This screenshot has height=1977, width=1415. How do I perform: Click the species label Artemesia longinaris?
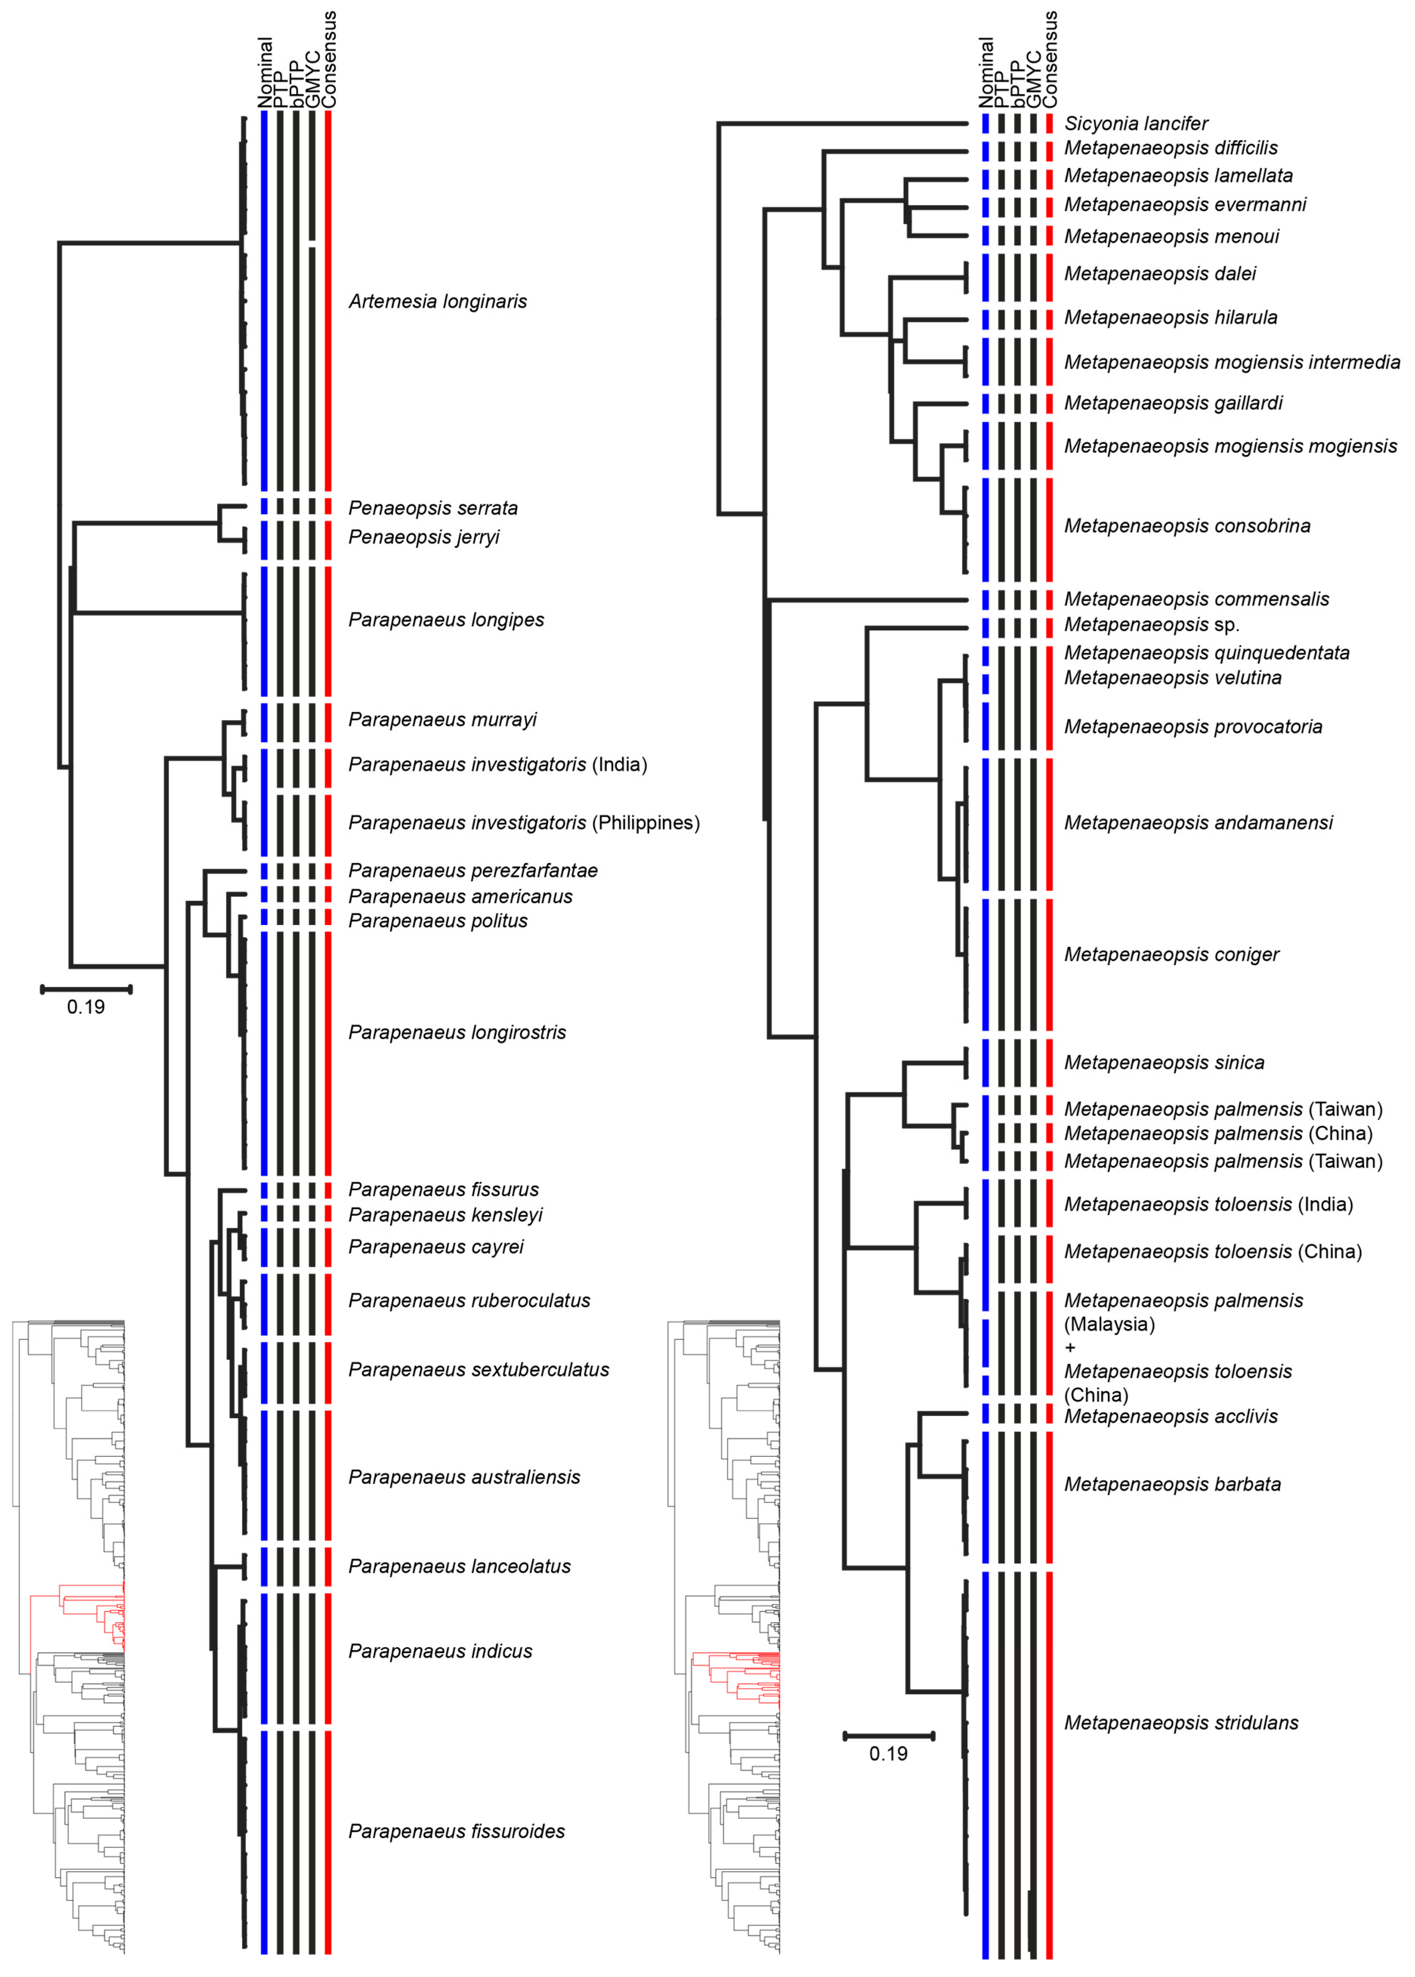pyautogui.click(x=438, y=301)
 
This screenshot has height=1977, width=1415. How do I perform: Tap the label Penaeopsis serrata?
pyautogui.click(x=433, y=508)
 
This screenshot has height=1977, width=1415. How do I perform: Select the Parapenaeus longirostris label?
pyautogui.click(x=457, y=1032)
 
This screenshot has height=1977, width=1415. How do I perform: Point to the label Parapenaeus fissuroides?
pyautogui.click(x=457, y=1831)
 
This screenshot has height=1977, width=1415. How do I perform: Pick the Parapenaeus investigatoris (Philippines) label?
pyautogui.click(x=523, y=823)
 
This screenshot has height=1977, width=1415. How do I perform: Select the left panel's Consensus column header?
pyautogui.click(x=329, y=59)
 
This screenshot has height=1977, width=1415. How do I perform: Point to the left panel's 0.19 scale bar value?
pyautogui.click(x=85, y=1007)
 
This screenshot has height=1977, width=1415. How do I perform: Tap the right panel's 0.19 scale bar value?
pyautogui.click(x=888, y=1753)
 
